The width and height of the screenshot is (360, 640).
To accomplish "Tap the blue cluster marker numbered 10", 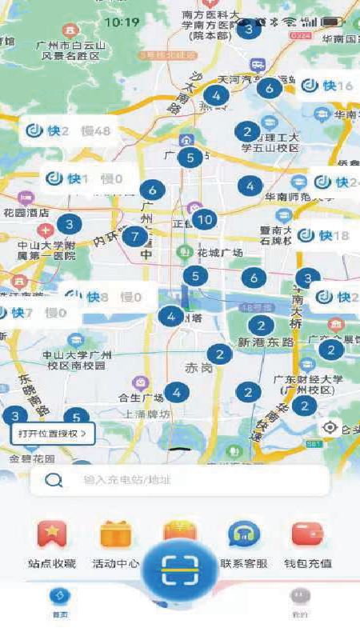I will (x=204, y=219).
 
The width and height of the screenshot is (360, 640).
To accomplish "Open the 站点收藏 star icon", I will (x=52, y=534).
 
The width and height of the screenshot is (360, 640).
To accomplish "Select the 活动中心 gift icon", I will (x=116, y=534).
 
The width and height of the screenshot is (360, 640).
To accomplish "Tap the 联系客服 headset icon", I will (x=243, y=534).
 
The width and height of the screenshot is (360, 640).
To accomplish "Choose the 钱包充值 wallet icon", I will (x=307, y=534).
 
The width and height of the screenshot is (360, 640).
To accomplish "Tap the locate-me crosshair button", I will (x=330, y=428).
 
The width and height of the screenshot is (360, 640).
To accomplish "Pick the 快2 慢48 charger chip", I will (x=68, y=131).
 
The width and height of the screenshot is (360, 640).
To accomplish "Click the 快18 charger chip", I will (x=324, y=235).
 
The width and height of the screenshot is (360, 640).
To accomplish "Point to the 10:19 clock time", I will (x=122, y=22).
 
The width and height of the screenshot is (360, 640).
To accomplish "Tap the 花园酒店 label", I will (x=27, y=214).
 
